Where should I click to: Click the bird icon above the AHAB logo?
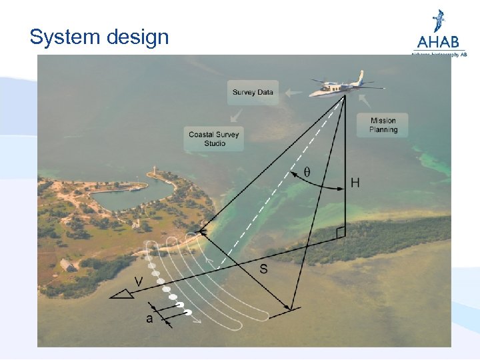click(439, 20)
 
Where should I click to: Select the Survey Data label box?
click(253, 93)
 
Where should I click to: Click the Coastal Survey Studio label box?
click(213, 139)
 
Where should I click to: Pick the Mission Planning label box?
click(383, 125)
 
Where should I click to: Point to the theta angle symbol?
click(307, 171)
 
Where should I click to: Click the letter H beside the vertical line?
click(355, 183)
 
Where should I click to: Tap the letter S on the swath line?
click(264, 269)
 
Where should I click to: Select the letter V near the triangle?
click(137, 282)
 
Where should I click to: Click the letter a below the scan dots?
click(149, 319)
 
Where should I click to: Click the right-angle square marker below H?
click(341, 232)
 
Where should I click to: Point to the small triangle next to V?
click(121, 294)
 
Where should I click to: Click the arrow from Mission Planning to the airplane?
click(363, 101)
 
